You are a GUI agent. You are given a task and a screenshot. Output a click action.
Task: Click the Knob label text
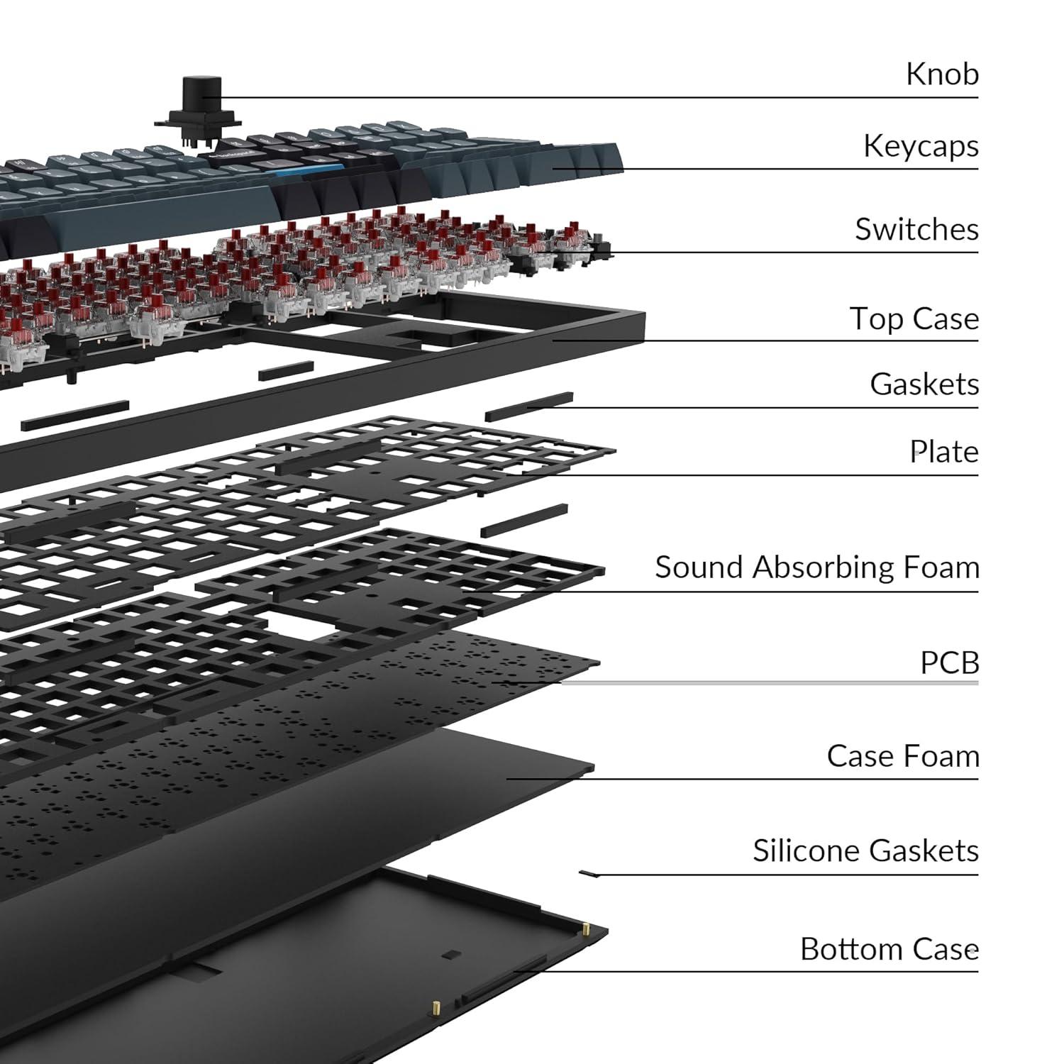point(942,74)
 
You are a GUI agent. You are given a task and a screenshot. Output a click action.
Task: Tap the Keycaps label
point(920,146)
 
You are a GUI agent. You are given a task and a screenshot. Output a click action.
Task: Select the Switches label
point(916,229)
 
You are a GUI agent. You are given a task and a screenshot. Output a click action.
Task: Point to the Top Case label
point(914,318)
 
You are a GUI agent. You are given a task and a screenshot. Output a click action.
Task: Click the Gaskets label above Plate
point(924,384)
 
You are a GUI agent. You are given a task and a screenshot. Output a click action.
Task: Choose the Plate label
point(943,452)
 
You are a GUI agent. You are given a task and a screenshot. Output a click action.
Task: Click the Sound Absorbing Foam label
point(816,567)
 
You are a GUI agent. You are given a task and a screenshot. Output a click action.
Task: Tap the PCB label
point(949,663)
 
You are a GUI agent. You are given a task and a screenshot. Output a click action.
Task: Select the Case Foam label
point(902,756)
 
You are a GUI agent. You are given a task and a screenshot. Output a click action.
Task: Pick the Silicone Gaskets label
point(865,850)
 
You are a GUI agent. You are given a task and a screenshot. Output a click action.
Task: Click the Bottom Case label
point(889,949)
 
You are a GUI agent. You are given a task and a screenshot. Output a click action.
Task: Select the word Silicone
point(805,850)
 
